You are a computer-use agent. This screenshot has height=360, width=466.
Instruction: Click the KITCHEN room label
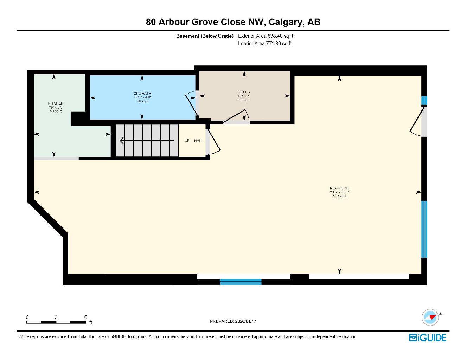point(56,103)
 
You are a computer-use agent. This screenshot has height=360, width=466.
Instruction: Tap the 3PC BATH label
point(142,94)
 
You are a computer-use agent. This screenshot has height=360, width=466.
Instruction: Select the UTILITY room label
point(244,92)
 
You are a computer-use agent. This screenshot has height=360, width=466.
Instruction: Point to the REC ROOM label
point(339,188)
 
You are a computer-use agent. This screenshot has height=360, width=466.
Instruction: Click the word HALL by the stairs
point(199,141)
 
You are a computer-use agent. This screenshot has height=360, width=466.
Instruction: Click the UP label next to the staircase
point(187,141)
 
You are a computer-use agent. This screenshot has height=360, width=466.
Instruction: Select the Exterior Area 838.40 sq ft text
point(266,36)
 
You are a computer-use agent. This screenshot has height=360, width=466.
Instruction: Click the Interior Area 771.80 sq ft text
point(264,44)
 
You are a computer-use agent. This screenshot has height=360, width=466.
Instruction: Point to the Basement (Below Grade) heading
point(205,36)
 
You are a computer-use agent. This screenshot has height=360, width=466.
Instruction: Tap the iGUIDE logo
point(428,337)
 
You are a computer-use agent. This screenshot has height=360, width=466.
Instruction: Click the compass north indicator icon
point(430,317)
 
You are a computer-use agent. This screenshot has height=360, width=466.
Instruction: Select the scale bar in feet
point(56,322)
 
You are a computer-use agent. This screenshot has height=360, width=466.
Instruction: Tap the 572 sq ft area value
point(339,196)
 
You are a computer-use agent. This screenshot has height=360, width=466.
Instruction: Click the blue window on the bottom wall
point(241,282)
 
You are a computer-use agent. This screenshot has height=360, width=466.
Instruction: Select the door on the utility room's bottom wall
point(237,117)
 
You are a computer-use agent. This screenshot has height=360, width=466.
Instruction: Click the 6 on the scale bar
point(85,317)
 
